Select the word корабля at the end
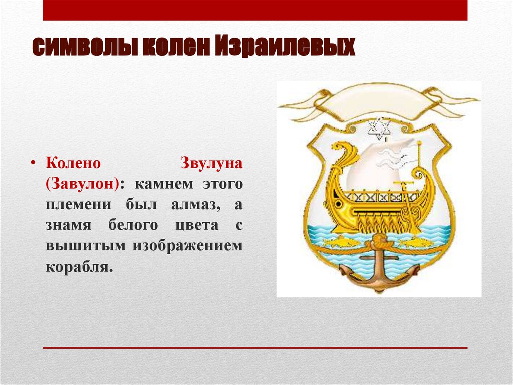click(x=78, y=266)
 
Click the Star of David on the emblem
click(x=379, y=129)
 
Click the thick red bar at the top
click(x=255, y=10)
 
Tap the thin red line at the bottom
click(x=255, y=347)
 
